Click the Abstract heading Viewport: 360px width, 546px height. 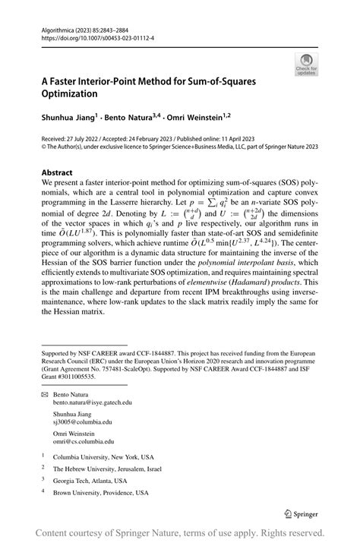point(58,173)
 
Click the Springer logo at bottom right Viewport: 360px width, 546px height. point(302,514)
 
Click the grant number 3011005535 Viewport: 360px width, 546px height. point(78,376)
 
